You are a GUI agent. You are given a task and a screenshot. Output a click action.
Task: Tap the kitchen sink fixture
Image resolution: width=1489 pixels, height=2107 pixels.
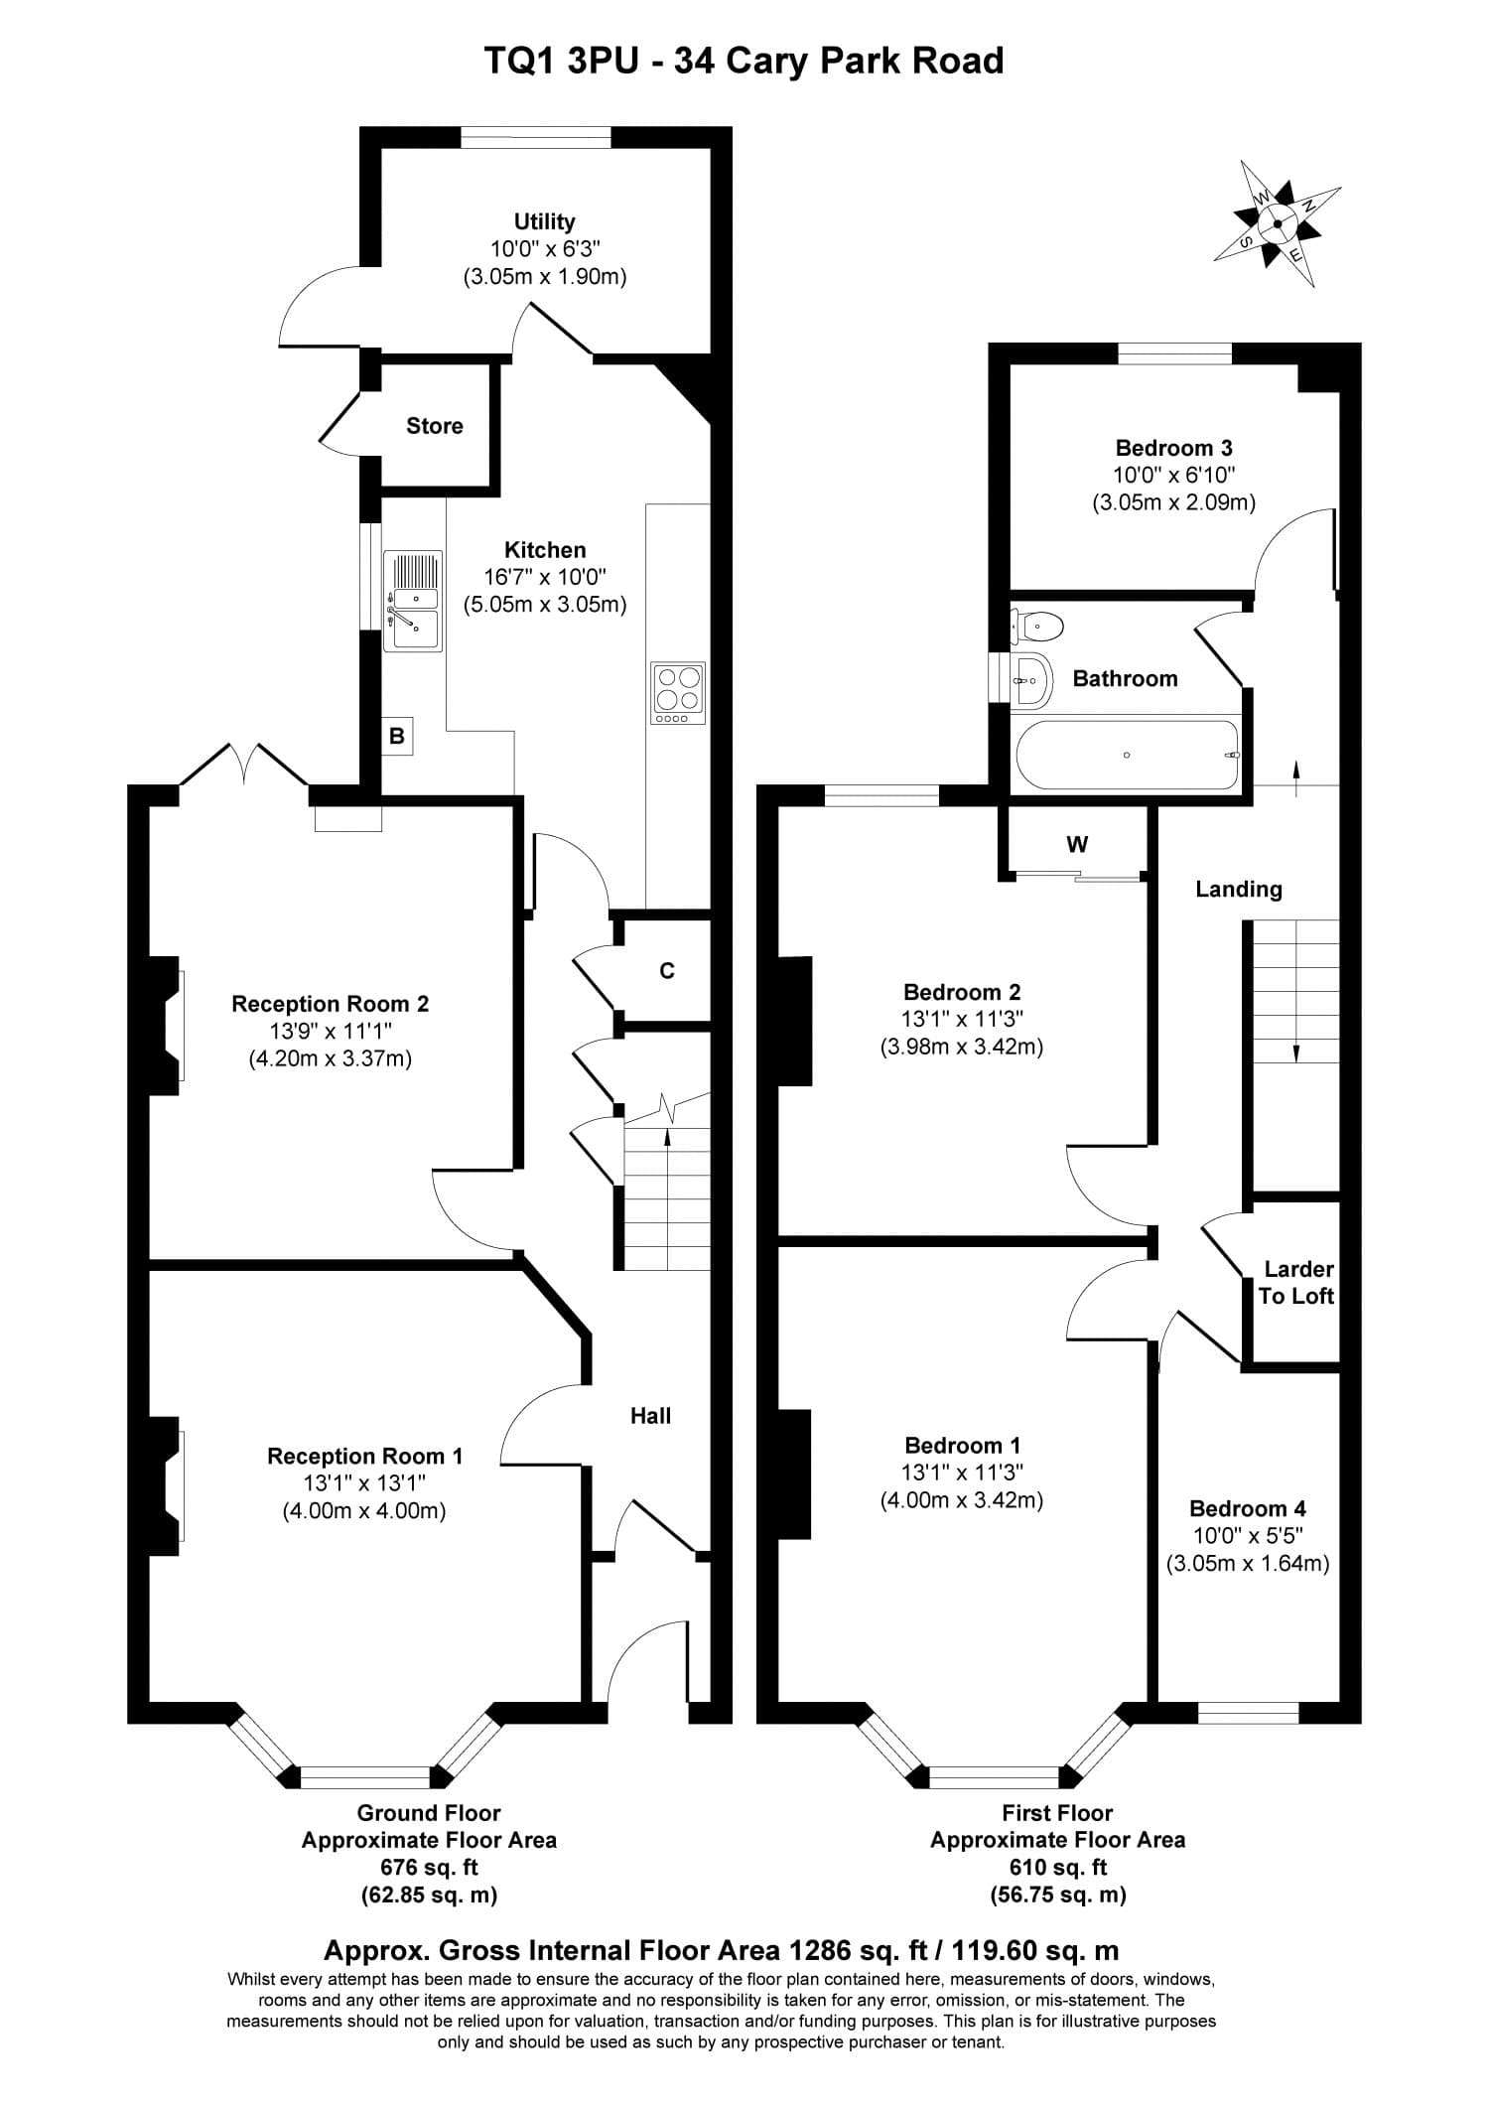pos(413,602)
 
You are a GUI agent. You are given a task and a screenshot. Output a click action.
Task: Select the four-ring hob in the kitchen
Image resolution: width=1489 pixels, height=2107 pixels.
pos(678,692)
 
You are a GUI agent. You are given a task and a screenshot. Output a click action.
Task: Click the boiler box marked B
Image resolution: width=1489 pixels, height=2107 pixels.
pos(397,737)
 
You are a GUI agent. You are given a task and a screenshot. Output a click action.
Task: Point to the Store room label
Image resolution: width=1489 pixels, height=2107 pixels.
pos(434,426)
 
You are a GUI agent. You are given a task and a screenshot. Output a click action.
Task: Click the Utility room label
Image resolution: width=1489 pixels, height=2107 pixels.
pos(544,221)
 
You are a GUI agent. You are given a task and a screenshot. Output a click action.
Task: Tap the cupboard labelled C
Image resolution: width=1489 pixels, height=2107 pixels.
pos(667,971)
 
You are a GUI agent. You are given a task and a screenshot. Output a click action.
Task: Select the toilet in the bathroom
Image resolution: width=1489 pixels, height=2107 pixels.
pos(1038,627)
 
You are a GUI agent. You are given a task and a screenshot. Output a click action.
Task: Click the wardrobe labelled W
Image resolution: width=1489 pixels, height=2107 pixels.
pos(1077,845)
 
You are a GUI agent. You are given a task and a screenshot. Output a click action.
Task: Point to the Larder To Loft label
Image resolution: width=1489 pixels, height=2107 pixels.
pos(1296,1282)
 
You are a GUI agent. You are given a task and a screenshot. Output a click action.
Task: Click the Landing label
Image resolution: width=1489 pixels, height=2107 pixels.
pos(1238,890)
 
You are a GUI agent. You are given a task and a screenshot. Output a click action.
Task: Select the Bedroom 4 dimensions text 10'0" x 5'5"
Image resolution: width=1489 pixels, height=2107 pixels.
pos(1247,1535)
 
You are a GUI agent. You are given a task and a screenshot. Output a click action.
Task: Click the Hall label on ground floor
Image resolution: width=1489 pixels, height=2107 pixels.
pos(650,1416)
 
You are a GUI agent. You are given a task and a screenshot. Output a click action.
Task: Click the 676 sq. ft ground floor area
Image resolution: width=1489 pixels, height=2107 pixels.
pos(429,1867)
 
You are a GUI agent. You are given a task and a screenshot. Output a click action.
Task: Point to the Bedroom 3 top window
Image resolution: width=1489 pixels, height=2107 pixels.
pos(1174,353)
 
